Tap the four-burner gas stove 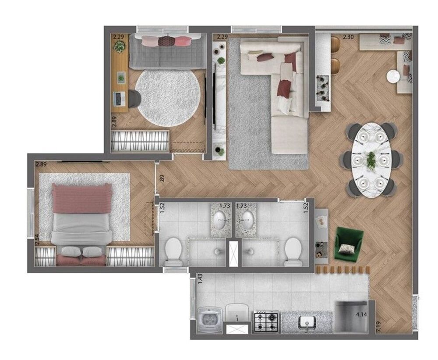[x=266, y=321]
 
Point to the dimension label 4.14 [x=361, y=314]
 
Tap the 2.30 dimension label [x=348, y=38]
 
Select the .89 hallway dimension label [x=162, y=178]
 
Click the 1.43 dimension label [x=200, y=279]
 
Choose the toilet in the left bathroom [x=173, y=251]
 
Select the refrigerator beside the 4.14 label [x=350, y=316]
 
